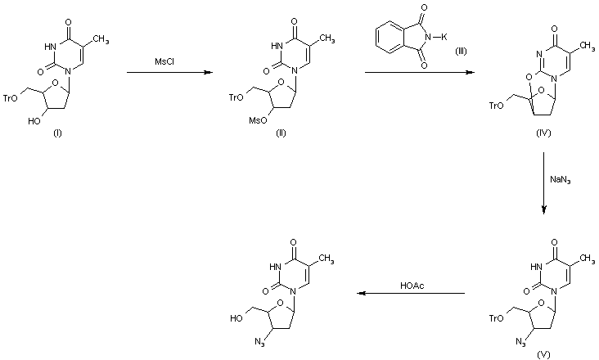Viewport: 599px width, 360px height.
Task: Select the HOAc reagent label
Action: (412, 285)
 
